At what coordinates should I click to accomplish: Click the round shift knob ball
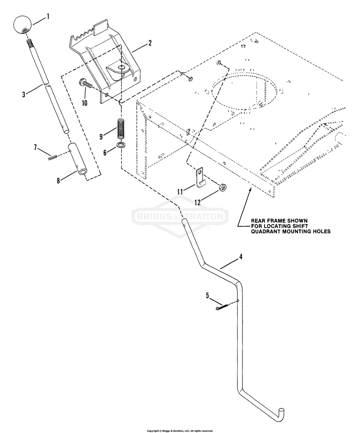coord(22,24)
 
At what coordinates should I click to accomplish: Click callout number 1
coord(48,16)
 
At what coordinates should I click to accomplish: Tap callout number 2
coord(150,43)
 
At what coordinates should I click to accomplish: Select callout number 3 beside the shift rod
coord(24,94)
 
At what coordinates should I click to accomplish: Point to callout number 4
coord(240,257)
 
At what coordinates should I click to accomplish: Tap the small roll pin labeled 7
coord(52,158)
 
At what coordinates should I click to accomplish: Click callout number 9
coord(101,135)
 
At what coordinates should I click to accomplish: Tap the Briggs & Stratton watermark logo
coord(180,217)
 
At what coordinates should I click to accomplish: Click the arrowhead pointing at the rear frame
coord(249,189)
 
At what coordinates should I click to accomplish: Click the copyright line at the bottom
coord(180,431)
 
